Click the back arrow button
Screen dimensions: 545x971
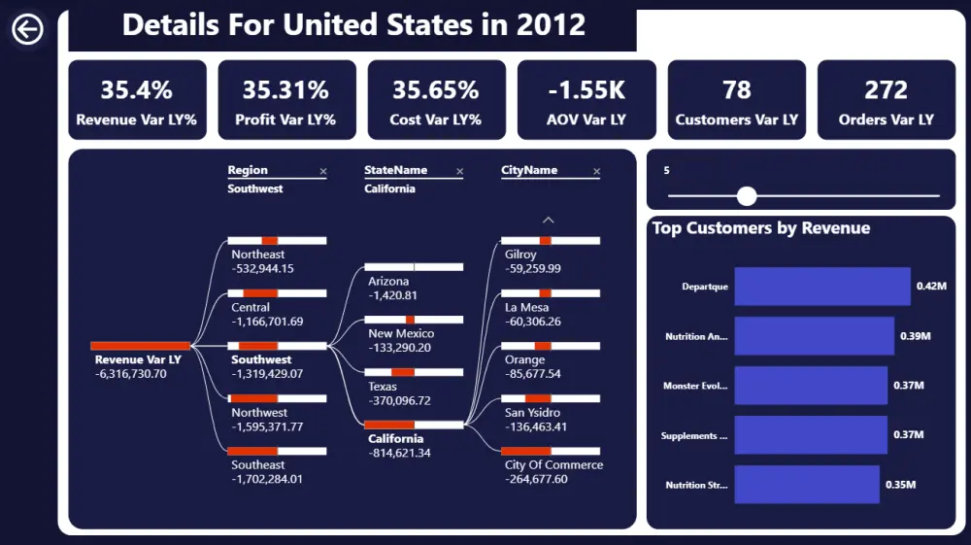click(x=27, y=30)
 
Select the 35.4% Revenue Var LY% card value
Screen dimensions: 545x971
click(x=137, y=90)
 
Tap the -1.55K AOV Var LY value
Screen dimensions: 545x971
click(x=586, y=90)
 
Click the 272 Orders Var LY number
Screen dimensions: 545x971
click(x=886, y=90)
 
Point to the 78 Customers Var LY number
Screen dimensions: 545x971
click(x=736, y=90)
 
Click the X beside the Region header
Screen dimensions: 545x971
click(x=323, y=172)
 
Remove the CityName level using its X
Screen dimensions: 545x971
click(x=596, y=172)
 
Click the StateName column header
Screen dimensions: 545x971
click(x=395, y=170)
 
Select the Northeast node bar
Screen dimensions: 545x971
click(x=277, y=240)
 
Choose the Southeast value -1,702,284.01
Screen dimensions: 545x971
click(x=267, y=479)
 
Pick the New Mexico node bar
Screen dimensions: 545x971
click(x=414, y=320)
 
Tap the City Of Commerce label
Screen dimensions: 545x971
click(x=553, y=465)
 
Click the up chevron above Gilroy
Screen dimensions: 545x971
click(x=549, y=220)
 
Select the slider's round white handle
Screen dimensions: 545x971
click(x=747, y=196)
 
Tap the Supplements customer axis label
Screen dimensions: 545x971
click(x=694, y=436)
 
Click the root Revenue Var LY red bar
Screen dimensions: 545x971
click(x=141, y=346)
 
